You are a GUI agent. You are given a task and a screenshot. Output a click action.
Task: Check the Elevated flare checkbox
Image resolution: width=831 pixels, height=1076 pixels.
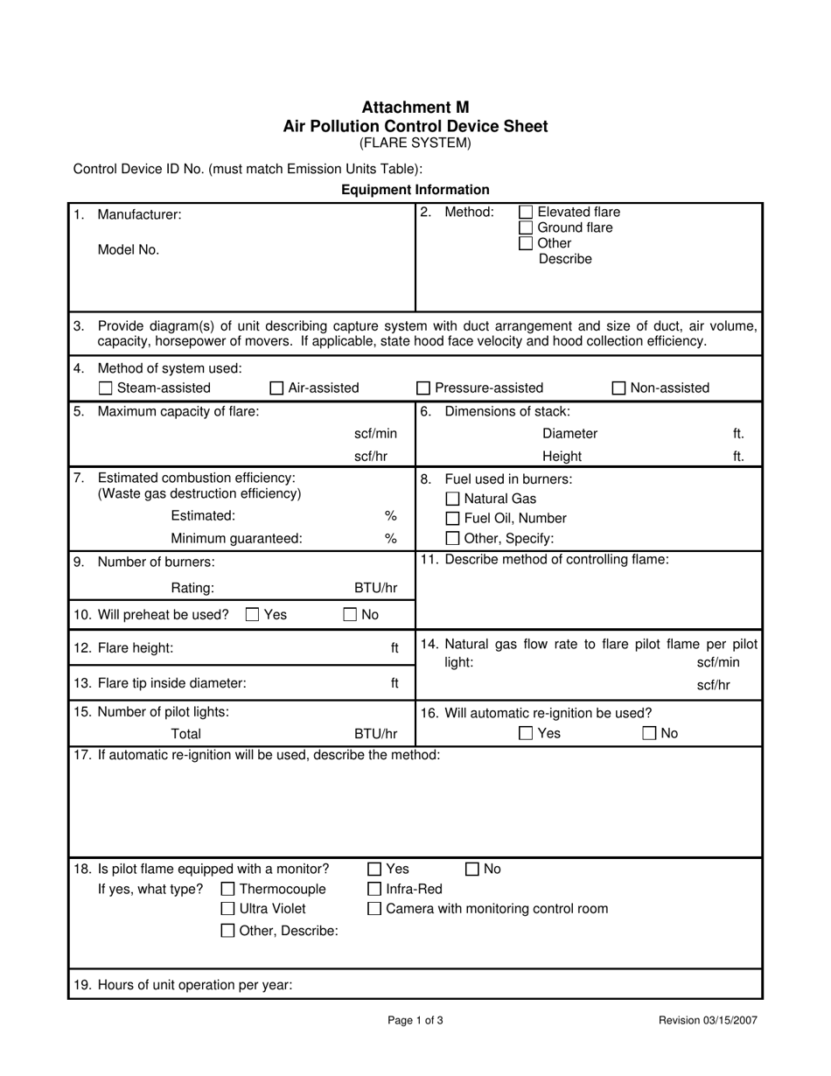point(526,212)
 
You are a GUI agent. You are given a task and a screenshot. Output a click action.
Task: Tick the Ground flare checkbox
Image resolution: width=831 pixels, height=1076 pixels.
point(526,227)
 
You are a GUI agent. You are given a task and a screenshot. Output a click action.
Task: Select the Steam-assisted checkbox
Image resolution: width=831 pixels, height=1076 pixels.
point(106,388)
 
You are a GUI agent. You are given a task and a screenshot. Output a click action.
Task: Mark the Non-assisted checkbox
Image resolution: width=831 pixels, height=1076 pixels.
point(618,388)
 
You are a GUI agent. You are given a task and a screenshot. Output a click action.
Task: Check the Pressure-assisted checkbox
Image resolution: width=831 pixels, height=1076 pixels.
point(423,388)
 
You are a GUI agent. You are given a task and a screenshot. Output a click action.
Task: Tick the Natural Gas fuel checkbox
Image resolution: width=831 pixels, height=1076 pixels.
point(453,499)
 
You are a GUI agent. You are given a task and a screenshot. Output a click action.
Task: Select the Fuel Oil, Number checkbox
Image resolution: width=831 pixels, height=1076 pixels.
point(453,519)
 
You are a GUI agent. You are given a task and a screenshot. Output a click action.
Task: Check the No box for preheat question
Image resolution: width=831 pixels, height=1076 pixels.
point(350,615)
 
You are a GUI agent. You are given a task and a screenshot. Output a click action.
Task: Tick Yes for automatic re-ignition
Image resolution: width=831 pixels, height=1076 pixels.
point(526,734)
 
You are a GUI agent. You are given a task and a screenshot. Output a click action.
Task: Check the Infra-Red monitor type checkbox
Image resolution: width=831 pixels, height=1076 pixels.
point(374,890)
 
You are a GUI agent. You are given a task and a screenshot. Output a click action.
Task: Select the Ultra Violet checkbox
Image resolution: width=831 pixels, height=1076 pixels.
point(228,910)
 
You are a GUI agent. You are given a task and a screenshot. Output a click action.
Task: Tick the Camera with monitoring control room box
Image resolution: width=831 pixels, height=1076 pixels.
point(374,910)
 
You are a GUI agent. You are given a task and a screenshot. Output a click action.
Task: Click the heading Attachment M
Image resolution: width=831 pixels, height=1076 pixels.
point(415,108)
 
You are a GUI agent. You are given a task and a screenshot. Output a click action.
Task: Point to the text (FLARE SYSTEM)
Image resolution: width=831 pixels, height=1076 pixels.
point(415,143)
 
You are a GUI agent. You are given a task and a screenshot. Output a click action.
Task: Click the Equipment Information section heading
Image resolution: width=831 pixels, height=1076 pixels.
point(415,190)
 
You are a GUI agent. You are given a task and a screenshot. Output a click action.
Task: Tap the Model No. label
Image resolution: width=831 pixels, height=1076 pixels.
point(129,250)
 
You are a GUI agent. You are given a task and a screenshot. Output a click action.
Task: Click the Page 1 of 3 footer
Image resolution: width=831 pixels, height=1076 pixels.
point(415,1020)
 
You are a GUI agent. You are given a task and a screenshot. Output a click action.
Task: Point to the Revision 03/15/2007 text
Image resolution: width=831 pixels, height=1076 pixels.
point(708,1020)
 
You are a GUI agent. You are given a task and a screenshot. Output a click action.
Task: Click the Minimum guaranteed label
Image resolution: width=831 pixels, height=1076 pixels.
point(236,539)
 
